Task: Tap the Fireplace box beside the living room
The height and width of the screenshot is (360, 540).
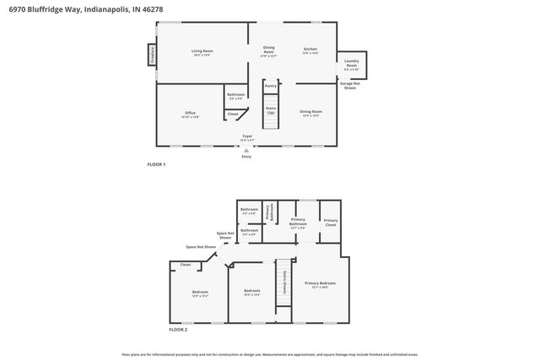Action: point(151,54)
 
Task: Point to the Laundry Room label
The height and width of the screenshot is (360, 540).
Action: point(352,63)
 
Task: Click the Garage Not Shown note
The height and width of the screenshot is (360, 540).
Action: point(348,85)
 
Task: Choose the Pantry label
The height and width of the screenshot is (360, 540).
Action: point(271,86)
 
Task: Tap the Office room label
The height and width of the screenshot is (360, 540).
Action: point(190,115)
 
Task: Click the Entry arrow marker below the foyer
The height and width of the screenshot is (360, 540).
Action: point(246,151)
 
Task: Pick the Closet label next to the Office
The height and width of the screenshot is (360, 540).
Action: point(233,113)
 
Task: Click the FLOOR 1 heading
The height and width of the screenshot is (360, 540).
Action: point(156,164)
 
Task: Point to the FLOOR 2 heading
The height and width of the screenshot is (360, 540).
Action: point(156,330)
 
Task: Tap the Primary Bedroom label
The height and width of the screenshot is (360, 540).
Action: point(320,284)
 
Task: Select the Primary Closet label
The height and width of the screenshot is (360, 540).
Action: point(330,223)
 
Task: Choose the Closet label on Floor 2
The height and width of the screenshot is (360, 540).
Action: point(185,265)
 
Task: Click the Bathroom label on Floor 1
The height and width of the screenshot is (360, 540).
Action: point(236,96)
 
